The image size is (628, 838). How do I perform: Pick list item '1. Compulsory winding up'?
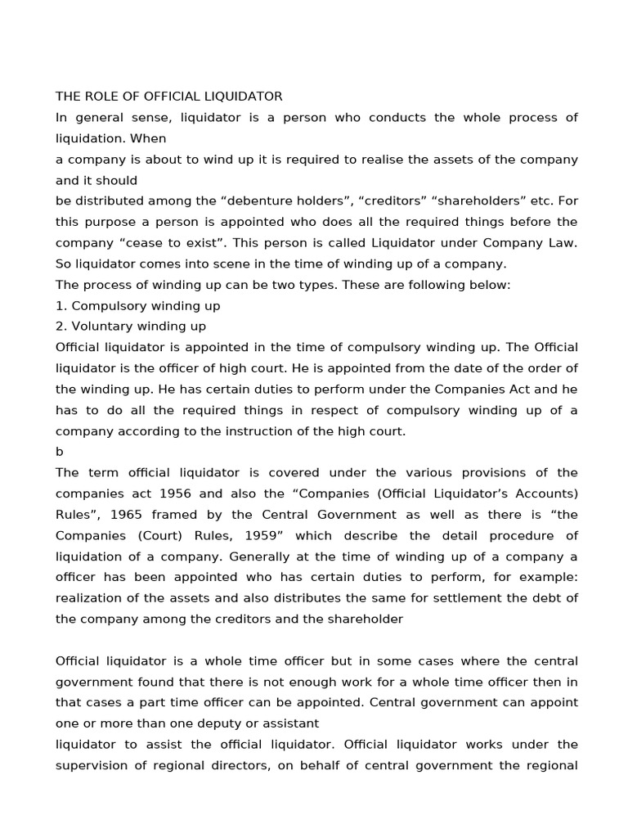[x=137, y=305]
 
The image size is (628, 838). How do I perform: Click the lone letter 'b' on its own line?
[x=60, y=452]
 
